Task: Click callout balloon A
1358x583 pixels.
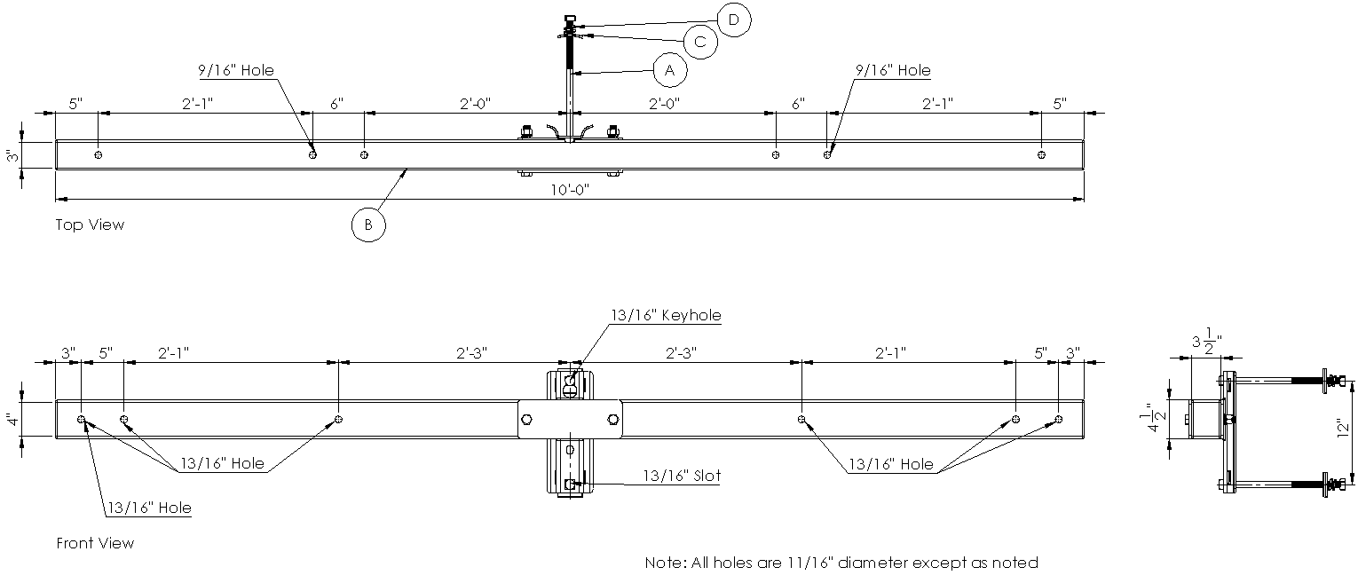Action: pos(670,71)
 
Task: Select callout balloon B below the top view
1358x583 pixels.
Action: pos(368,225)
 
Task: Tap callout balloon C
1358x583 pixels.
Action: pos(701,42)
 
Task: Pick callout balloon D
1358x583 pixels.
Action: pos(734,20)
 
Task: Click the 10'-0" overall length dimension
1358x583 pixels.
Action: pos(570,190)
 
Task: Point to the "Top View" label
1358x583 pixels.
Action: pos(90,225)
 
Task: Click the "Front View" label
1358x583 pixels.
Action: pos(95,543)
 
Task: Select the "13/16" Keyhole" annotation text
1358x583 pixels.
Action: pos(666,315)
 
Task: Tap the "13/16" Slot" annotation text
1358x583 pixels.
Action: pos(682,476)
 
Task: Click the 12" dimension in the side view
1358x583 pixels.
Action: pos(1344,429)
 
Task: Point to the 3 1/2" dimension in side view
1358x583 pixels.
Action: pos(1206,342)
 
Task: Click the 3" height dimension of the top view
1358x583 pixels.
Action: pos(12,156)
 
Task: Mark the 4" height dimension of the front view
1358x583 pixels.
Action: pos(12,420)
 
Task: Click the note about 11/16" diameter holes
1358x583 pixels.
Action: pos(841,563)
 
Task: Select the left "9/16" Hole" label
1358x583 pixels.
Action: pos(236,70)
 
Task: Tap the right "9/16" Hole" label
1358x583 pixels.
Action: pos(893,70)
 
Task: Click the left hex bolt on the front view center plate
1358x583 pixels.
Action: pos(526,420)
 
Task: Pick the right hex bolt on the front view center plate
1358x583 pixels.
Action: pos(613,420)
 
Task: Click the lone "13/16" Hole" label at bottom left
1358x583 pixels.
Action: pos(150,508)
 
